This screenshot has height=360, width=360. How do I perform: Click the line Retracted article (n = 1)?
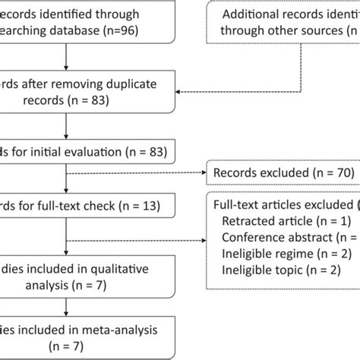pyautogui.click(x=276, y=221)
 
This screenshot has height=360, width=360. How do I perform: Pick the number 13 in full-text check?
pyautogui.click(x=153, y=204)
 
